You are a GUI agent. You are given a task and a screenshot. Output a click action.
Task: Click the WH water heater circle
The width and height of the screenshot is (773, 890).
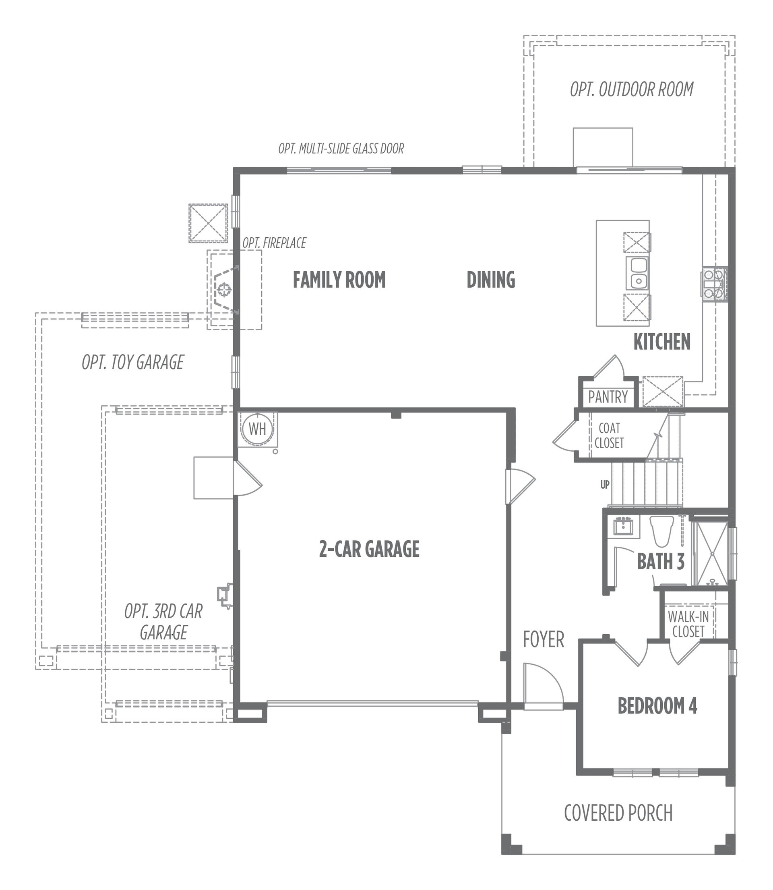pos(258,429)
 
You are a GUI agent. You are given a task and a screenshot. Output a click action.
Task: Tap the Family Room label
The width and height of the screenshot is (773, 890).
pos(339,280)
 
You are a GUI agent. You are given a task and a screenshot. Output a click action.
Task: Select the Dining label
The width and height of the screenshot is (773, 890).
pos(491,280)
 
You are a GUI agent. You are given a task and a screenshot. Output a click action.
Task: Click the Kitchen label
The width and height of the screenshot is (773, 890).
pos(662,342)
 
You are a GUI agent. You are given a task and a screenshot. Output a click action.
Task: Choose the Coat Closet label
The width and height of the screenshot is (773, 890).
pos(609,436)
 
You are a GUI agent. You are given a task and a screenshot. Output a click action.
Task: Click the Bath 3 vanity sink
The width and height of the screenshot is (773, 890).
pos(623,527)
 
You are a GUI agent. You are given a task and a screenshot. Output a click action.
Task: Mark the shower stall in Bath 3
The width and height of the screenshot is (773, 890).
pos(712,553)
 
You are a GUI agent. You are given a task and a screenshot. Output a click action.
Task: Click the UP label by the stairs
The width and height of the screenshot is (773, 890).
pos(605,485)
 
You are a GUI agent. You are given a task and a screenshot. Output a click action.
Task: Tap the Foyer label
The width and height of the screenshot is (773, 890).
pos(544,639)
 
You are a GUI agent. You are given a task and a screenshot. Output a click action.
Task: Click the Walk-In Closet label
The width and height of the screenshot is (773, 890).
pos(688,624)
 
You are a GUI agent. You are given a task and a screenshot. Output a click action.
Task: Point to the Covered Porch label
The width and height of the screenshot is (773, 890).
pos(618,813)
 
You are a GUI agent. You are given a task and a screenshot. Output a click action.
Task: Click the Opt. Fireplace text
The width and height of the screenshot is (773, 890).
pos(274,243)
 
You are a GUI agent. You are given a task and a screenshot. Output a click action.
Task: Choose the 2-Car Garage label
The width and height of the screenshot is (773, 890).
pos(369,549)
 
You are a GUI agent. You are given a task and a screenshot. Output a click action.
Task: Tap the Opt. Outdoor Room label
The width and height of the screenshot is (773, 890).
pos(632,89)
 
